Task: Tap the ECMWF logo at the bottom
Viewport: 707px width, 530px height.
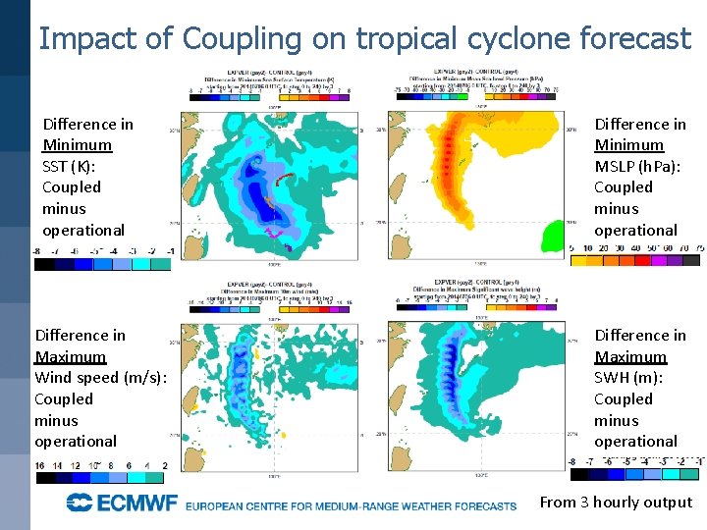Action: (x=122, y=503)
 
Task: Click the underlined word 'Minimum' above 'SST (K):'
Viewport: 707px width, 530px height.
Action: (x=77, y=145)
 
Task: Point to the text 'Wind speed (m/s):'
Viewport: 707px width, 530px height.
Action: (x=100, y=378)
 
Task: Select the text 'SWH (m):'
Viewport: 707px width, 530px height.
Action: (x=628, y=378)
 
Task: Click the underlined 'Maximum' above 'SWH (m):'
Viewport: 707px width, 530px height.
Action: (x=630, y=356)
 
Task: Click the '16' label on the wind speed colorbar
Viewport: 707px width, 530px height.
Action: (x=41, y=465)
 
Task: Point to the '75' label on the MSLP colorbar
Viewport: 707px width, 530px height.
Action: (x=697, y=248)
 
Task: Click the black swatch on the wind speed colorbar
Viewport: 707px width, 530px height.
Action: (x=45, y=478)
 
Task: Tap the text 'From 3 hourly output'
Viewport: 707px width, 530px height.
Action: (x=616, y=503)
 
